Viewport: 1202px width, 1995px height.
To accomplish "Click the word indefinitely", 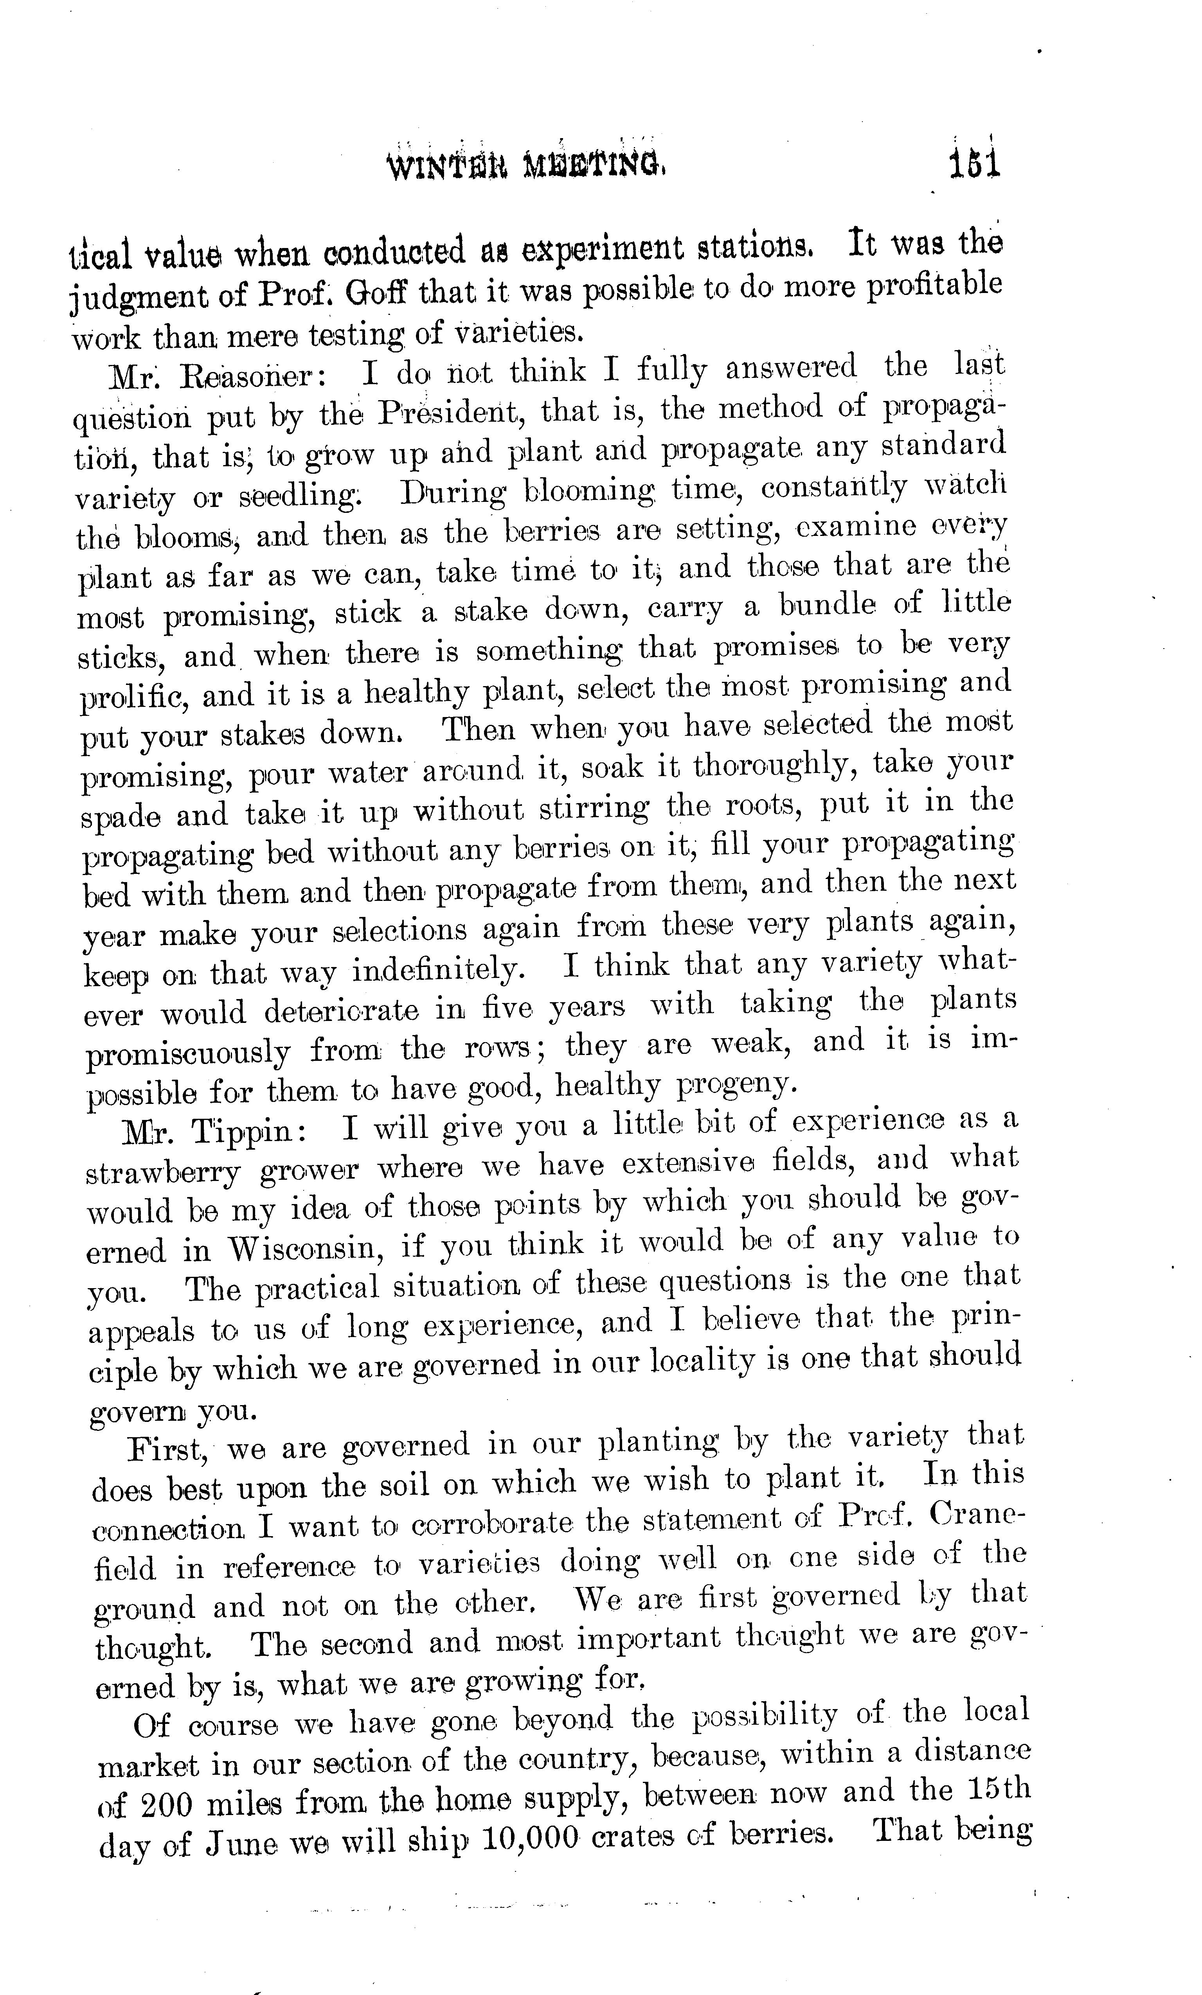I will click(437, 970).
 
